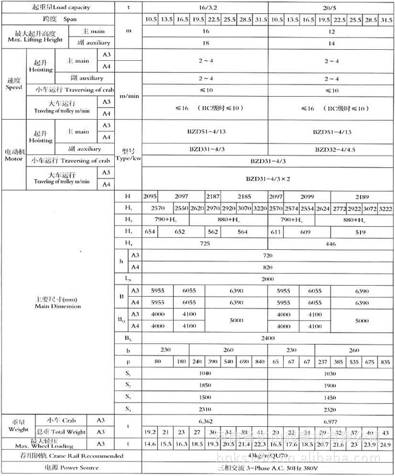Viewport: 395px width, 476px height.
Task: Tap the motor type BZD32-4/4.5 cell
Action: [x=332, y=149]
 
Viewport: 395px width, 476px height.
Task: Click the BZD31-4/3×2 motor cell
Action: [x=267, y=179]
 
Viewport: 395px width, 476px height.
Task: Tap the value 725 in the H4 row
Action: [x=205, y=243]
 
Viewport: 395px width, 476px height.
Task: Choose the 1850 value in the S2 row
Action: [x=205, y=385]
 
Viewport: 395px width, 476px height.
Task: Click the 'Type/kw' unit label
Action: [x=128, y=156]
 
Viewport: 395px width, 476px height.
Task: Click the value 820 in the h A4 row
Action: [x=267, y=267]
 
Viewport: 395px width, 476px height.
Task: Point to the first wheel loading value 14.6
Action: [x=149, y=444]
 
